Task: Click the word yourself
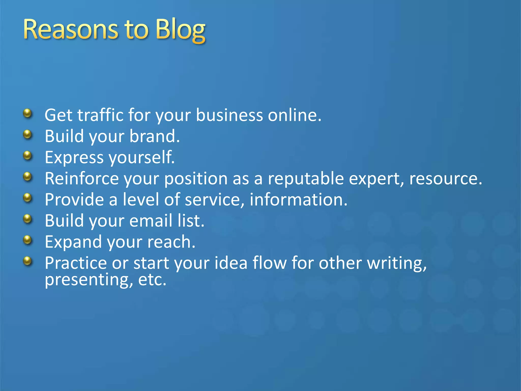[x=141, y=157]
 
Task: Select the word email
[x=151, y=220]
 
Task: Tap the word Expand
[x=73, y=242]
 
